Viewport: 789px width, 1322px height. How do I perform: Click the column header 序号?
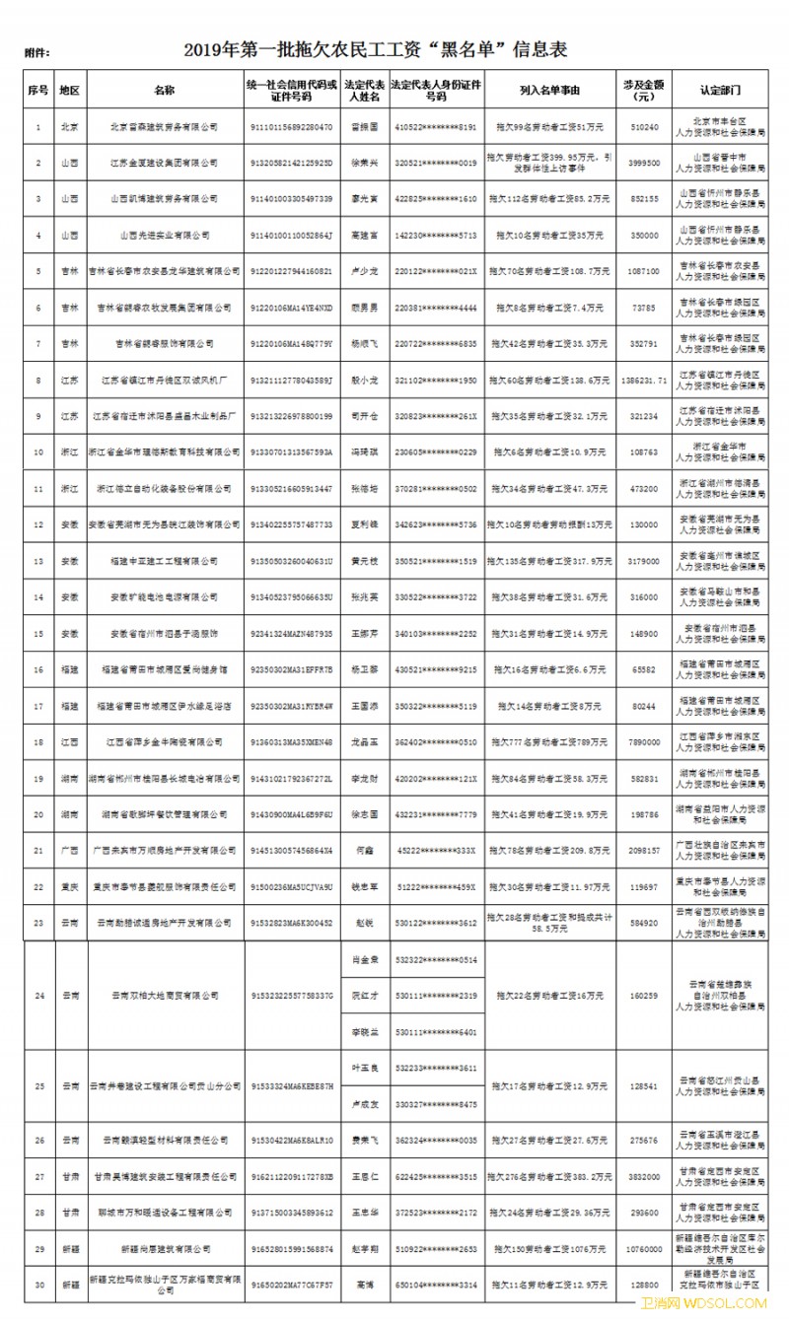37,90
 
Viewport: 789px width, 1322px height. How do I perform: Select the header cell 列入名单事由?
549,90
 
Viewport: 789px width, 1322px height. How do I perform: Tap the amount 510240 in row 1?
643,127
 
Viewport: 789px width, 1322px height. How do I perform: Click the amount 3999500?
643,163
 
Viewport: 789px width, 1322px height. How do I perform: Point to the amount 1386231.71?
643,380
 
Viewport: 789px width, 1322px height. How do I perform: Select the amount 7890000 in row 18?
643,741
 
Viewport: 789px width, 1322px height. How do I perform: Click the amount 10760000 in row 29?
643,1248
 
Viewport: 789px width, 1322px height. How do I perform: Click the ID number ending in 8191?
435,127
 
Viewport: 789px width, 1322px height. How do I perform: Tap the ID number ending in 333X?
435,850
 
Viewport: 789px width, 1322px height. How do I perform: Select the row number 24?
37,996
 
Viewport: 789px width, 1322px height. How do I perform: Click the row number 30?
37,1285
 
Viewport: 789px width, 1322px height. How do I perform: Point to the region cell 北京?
69,127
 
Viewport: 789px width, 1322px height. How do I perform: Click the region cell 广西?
69,850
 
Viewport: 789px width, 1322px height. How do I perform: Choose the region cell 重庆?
69,886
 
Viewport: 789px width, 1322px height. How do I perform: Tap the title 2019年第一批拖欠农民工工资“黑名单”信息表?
375,49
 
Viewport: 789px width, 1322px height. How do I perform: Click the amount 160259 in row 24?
643,996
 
